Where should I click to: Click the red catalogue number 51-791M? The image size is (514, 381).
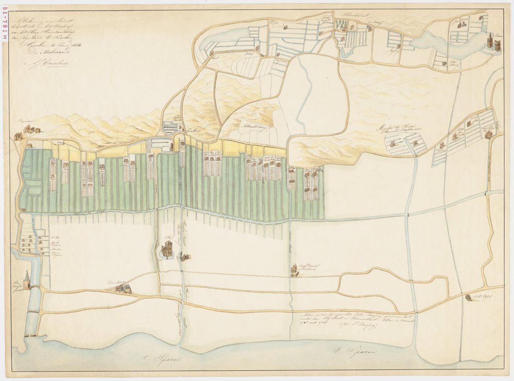pos(5,26)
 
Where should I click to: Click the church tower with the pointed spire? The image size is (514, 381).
pos(27,278)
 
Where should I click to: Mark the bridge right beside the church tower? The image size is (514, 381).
pos(33,285)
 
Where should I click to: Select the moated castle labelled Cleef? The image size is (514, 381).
pos(168,251)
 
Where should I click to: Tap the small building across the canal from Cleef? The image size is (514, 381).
pos(185,256)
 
